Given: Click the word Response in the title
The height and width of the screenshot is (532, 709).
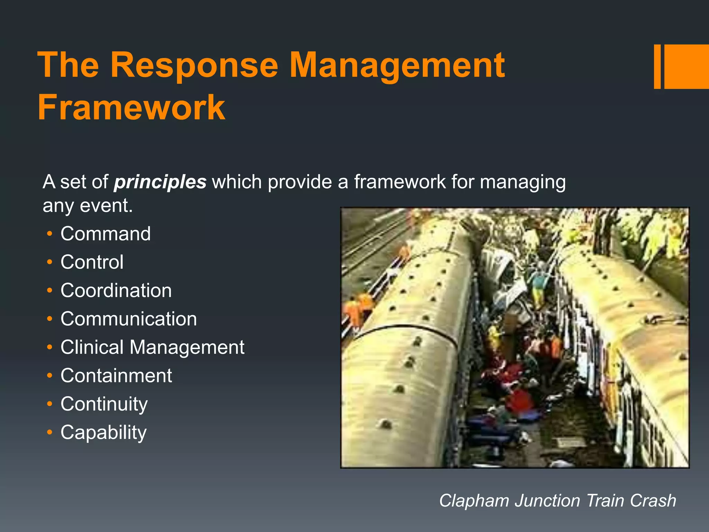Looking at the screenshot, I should [x=194, y=65].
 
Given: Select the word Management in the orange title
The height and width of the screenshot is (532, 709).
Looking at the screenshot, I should [x=397, y=65].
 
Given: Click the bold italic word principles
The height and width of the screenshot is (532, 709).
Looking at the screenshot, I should [x=160, y=182].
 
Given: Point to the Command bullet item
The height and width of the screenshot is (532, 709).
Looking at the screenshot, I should [x=106, y=234].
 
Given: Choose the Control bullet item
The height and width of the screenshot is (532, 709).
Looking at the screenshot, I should [x=92, y=262].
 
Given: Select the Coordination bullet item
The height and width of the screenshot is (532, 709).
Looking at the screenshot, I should [x=116, y=291].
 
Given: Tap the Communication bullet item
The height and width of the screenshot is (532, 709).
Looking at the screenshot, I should [x=128, y=319].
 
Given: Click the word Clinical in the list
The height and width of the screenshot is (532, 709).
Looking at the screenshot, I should [x=92, y=347].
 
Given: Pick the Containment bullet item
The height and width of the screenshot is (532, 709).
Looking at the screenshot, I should [x=116, y=376].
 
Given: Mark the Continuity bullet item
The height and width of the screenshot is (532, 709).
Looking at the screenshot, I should [x=104, y=404].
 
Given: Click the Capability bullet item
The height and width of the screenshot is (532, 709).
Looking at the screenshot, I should [x=104, y=433].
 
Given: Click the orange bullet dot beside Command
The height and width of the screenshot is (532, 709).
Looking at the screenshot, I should [x=50, y=234].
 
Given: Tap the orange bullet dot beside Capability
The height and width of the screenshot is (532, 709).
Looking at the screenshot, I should [x=50, y=432].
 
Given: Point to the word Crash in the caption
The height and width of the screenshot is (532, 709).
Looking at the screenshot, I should [x=653, y=501].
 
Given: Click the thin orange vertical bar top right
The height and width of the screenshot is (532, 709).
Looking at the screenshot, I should [x=657, y=66].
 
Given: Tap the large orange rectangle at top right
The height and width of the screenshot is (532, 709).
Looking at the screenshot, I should [x=686, y=66].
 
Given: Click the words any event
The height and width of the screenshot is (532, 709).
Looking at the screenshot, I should [x=88, y=206].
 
